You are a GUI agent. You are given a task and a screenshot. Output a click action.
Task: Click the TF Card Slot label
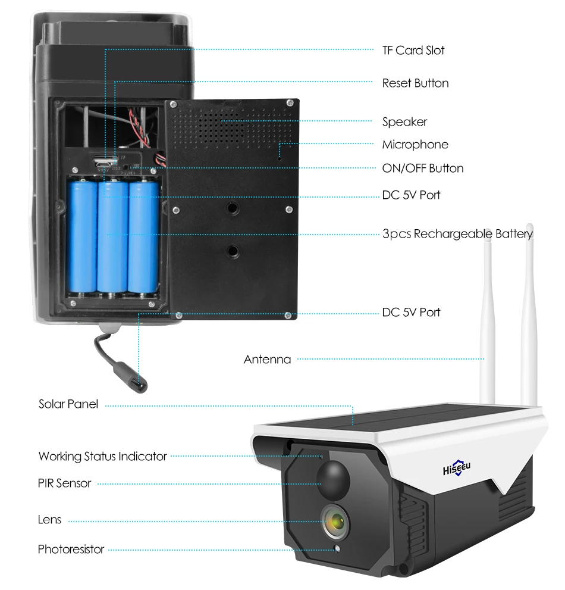(413, 51)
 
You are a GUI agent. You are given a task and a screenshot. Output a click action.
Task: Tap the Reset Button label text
(415, 83)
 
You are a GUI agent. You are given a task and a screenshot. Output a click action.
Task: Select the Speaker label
(404, 122)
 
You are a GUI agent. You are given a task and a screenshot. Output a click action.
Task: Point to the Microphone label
(415, 145)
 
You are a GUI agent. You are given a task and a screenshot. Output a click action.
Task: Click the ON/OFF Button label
(422, 168)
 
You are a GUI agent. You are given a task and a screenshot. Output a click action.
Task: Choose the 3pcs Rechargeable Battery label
(457, 234)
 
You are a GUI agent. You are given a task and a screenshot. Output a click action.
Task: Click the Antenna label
(267, 360)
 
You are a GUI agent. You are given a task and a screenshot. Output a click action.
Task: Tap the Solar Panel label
(68, 404)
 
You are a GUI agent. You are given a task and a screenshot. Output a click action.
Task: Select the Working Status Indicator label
(102, 457)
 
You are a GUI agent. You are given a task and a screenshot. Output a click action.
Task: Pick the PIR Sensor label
(64, 483)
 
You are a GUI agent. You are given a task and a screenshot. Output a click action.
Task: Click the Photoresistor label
(71, 549)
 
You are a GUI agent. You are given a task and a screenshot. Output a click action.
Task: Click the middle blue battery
(113, 238)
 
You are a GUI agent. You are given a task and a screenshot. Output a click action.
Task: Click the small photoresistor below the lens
(338, 549)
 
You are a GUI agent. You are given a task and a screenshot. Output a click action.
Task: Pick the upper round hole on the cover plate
(231, 208)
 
